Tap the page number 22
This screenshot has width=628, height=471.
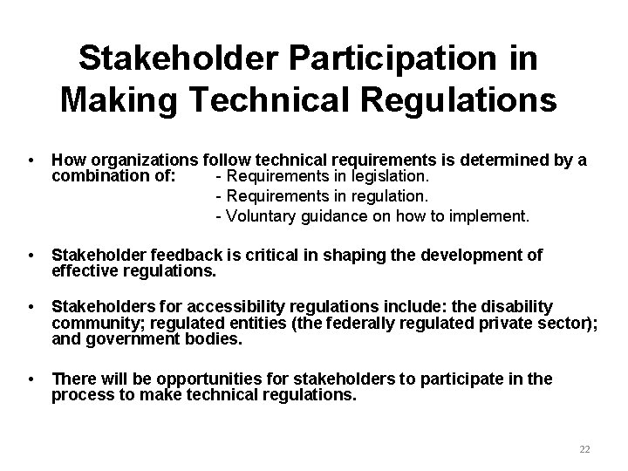point(584,448)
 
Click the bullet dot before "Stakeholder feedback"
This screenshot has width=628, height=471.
point(31,256)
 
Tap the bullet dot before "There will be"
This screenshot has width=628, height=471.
point(31,379)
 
